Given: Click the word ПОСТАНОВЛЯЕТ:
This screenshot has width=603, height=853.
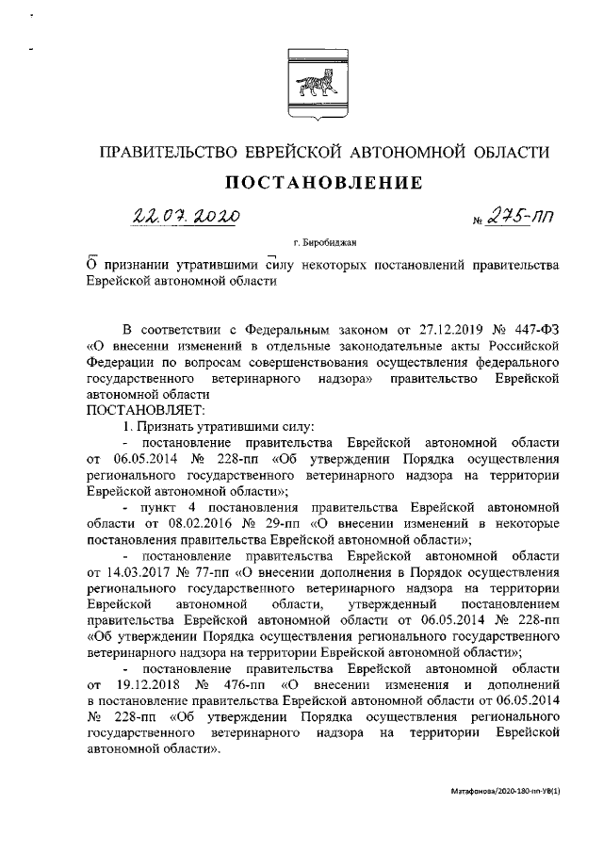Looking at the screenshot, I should pyautogui.click(x=152, y=411).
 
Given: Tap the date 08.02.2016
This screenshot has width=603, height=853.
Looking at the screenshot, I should pyautogui.click(x=187, y=523).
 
